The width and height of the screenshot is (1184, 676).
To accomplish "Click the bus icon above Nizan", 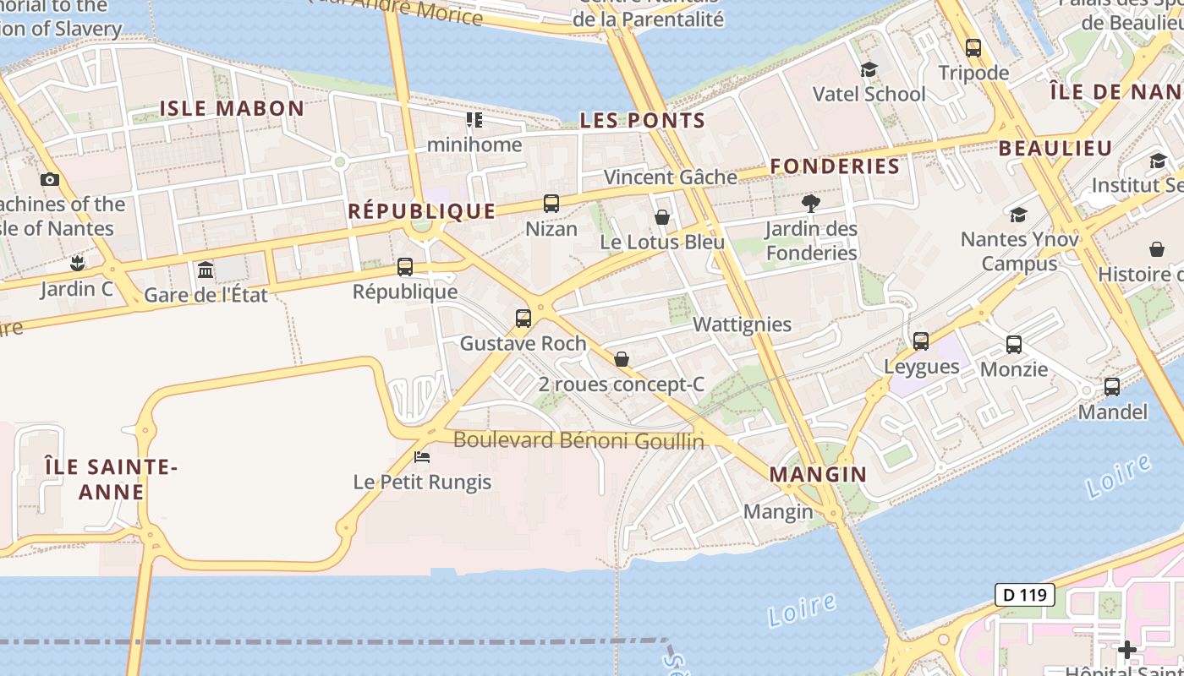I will (x=551, y=204).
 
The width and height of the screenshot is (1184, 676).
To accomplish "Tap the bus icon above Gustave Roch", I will (x=523, y=319).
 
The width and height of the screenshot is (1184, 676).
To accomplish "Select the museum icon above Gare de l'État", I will (x=206, y=270).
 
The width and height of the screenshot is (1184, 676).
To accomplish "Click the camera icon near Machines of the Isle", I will (x=50, y=179).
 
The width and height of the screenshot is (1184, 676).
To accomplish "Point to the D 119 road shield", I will (x=1024, y=595).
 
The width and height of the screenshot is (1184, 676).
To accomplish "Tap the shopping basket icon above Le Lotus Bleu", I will (x=662, y=218).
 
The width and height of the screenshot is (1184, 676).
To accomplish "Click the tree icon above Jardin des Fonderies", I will (x=811, y=204).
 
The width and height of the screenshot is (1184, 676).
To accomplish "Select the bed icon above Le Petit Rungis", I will (x=422, y=457).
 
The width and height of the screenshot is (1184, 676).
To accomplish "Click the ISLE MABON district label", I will (x=232, y=108).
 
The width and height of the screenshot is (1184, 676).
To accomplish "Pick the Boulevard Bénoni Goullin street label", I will (x=578, y=440).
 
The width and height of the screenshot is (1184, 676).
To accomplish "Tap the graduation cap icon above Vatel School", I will (x=869, y=69).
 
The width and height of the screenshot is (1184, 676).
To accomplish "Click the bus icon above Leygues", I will (x=921, y=341).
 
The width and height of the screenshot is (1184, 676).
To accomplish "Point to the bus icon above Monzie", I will (x=1014, y=345).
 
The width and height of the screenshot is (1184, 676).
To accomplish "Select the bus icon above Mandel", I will (x=1112, y=387).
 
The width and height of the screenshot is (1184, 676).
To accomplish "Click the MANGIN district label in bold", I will (x=818, y=475).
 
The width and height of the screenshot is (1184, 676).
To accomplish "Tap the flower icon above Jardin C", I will (x=77, y=264).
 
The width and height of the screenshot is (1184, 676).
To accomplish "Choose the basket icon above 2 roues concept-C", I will (x=622, y=360).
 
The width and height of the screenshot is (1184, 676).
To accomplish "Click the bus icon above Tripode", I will (x=973, y=48).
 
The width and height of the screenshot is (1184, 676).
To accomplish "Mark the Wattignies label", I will (x=742, y=324).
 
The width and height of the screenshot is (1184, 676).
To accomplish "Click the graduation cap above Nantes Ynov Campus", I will (x=1018, y=215).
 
